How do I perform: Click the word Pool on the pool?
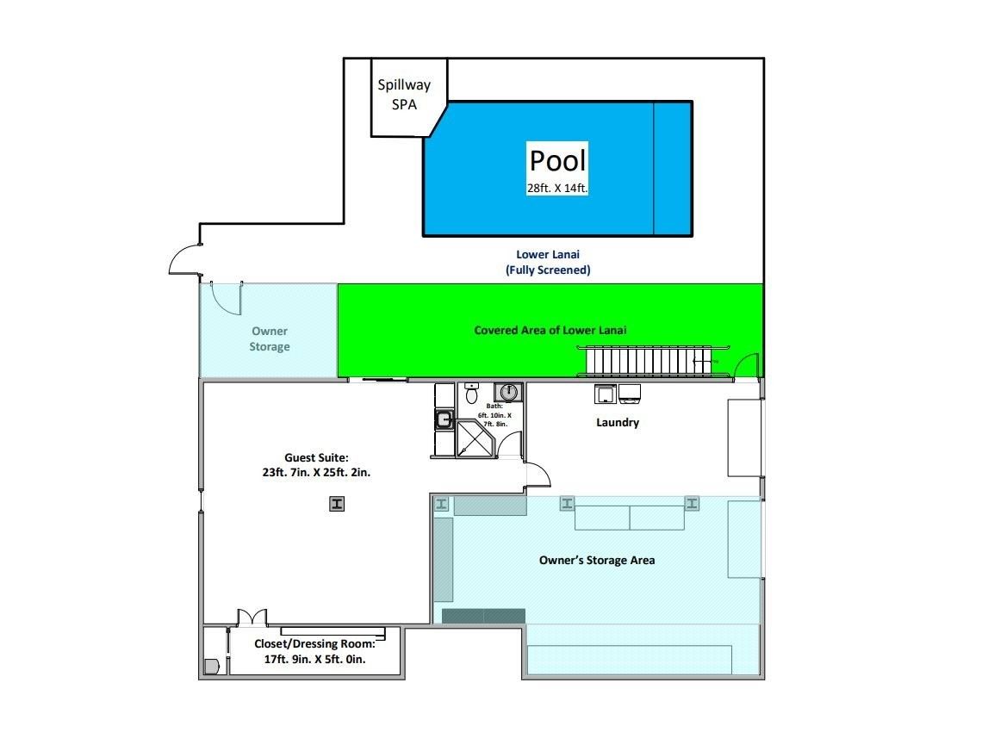(x=557, y=160)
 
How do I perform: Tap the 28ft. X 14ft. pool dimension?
(x=556, y=188)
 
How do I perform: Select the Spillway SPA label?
(x=404, y=95)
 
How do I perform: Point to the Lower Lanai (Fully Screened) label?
(x=548, y=263)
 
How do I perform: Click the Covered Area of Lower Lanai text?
(x=550, y=330)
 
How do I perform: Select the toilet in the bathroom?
(x=471, y=394)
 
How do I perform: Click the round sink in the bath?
(x=508, y=392)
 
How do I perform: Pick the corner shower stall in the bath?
(x=476, y=438)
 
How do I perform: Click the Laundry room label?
(x=618, y=422)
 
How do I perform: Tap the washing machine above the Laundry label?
(x=605, y=394)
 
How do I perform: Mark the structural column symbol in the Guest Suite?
(x=337, y=504)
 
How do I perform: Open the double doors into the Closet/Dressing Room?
(x=252, y=617)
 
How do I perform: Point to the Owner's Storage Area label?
(x=597, y=560)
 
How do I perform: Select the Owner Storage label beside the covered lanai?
(x=270, y=338)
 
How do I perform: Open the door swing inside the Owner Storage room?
(x=227, y=299)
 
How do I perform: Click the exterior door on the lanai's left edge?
(x=185, y=259)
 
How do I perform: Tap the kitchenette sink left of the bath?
(x=444, y=419)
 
